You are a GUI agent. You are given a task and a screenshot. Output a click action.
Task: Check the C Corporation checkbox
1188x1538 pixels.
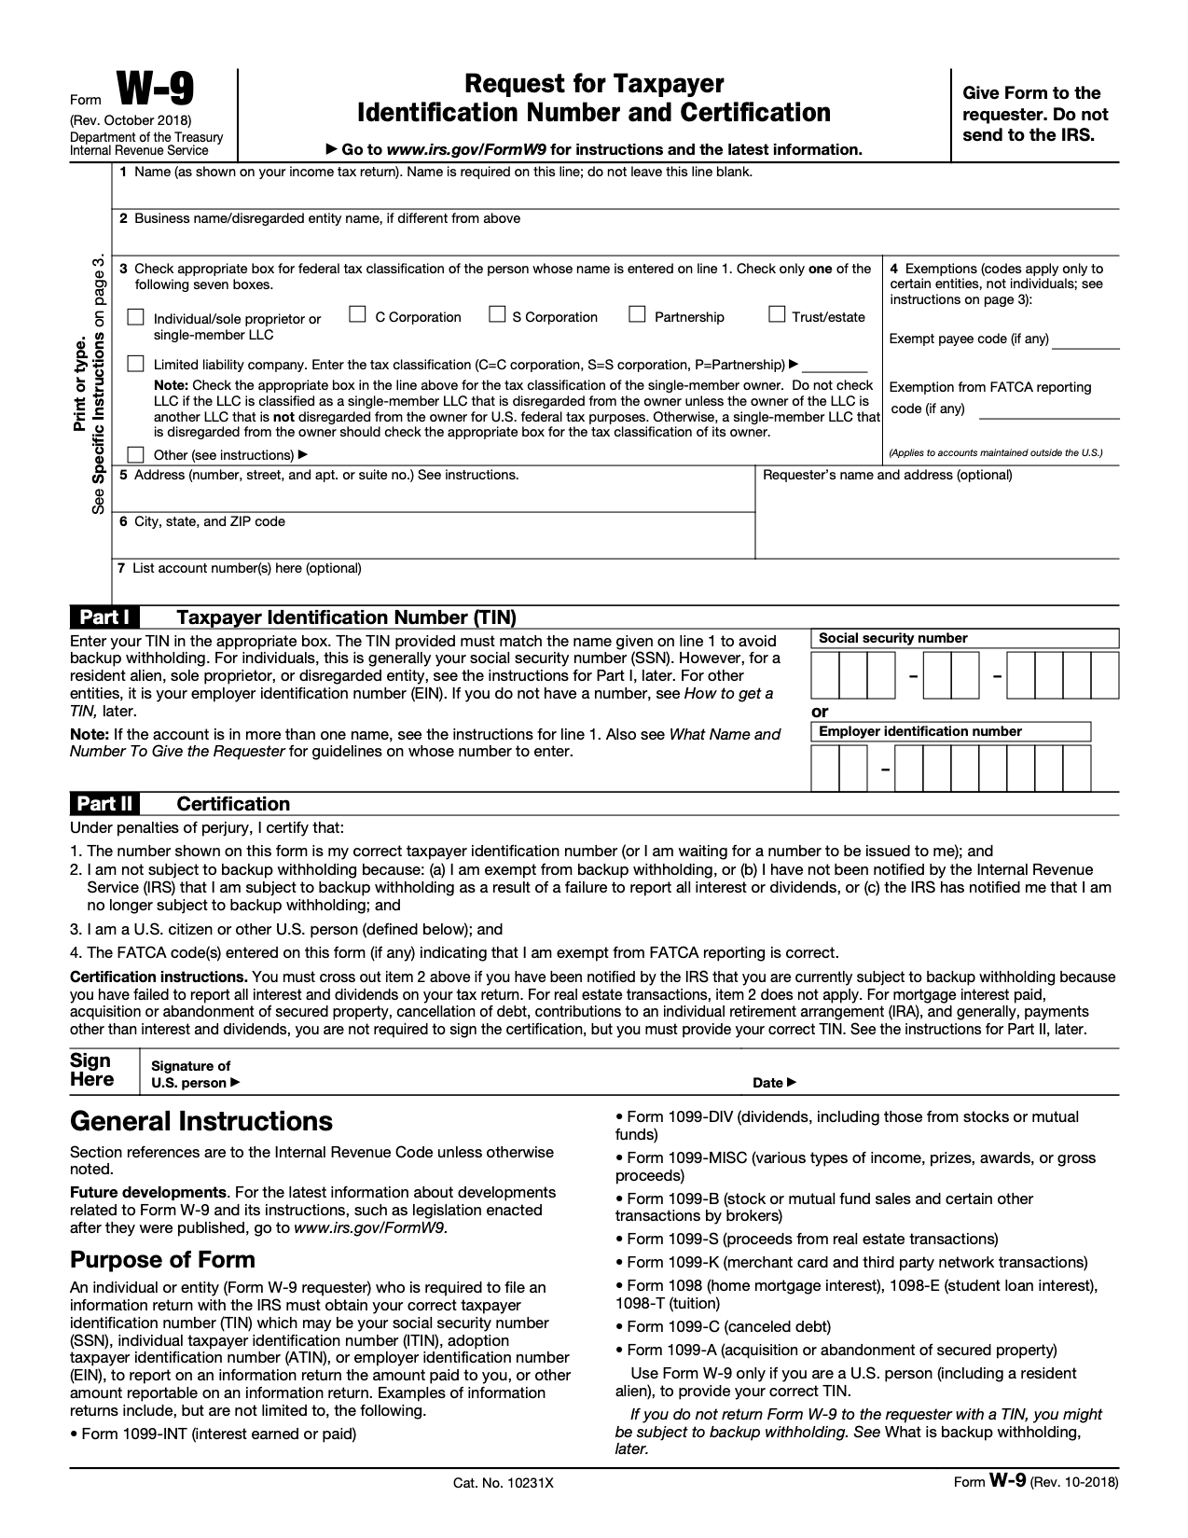click(x=357, y=314)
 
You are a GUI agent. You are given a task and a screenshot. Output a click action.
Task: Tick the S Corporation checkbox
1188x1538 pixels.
click(x=497, y=314)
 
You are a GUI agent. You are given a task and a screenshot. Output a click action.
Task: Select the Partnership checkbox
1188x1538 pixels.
click(x=637, y=314)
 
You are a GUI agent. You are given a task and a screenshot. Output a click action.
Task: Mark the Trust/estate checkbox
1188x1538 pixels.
click(x=776, y=314)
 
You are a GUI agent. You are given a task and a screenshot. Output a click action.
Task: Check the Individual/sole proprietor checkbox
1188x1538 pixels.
click(x=136, y=317)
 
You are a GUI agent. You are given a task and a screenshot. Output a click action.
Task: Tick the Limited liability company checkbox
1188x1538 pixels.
click(x=136, y=363)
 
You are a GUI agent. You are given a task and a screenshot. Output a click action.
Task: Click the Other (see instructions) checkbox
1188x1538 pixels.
click(x=136, y=454)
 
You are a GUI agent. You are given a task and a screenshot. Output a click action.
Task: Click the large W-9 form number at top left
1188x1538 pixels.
click(x=155, y=91)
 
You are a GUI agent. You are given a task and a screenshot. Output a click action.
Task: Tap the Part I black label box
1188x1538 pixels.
click(x=104, y=617)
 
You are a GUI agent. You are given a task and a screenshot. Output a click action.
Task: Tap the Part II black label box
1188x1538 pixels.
click(x=104, y=804)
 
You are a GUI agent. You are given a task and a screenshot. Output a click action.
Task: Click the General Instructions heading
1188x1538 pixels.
click(x=201, y=1121)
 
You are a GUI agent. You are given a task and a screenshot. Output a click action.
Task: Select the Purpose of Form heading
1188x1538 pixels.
click(x=162, y=1260)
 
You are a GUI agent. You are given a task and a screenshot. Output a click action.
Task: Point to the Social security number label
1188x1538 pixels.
click(x=892, y=639)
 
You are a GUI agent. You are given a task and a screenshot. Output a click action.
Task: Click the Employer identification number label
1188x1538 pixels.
click(x=919, y=732)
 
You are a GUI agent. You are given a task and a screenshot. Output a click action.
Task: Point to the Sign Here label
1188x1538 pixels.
click(x=91, y=1071)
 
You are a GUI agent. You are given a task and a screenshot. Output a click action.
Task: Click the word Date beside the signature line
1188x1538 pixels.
click(x=768, y=1083)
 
